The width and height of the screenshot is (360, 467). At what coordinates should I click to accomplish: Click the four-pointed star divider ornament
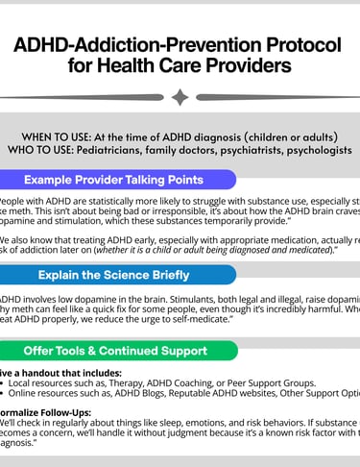point(180,97)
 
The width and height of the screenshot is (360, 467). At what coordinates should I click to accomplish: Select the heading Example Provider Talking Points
point(113,180)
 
